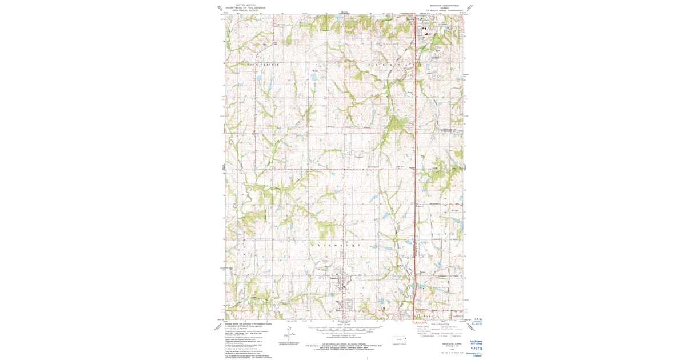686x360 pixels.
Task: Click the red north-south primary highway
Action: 414,171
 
